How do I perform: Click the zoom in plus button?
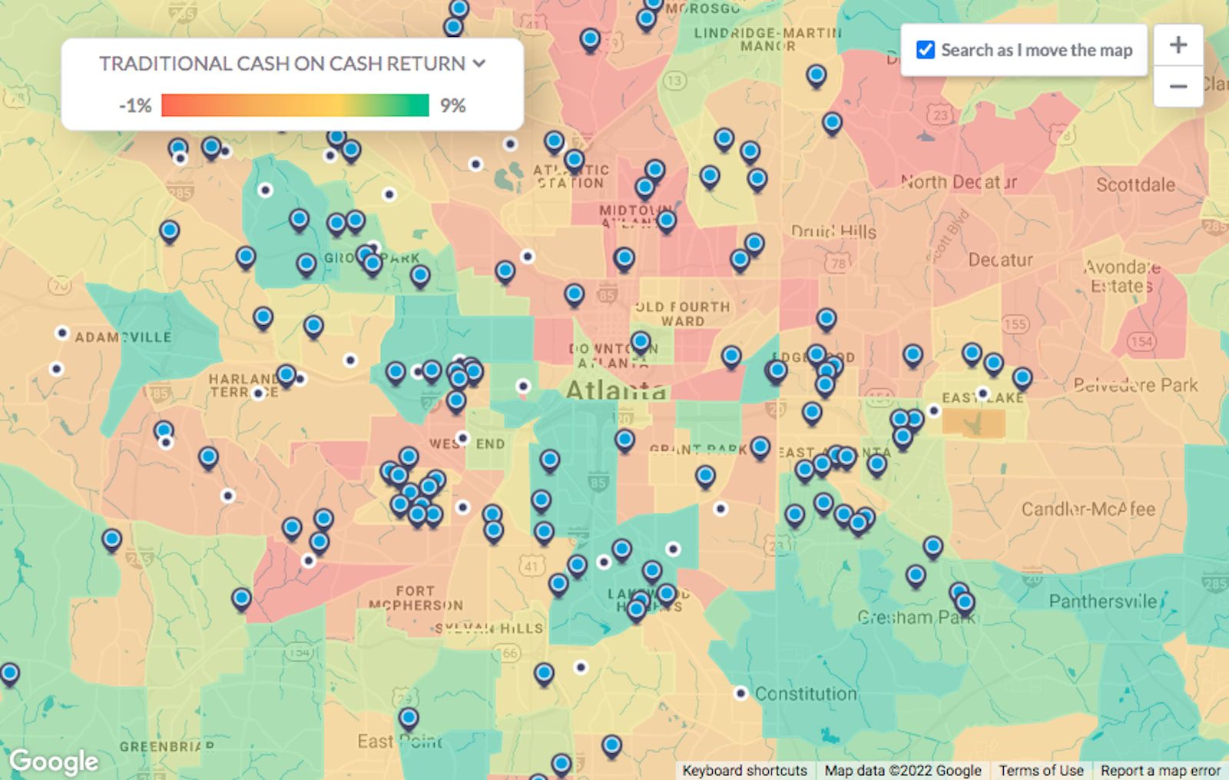point(1178,45)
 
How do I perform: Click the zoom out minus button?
point(1178,86)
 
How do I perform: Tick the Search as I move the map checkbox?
point(926,50)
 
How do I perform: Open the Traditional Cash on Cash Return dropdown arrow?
point(479,63)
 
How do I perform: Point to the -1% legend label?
point(135,105)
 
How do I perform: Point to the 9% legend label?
point(452,105)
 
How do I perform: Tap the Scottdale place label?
point(1135,184)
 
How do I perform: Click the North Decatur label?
point(959,182)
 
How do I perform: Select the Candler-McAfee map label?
point(1088,509)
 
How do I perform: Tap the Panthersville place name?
point(1102,601)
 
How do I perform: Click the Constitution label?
point(805,694)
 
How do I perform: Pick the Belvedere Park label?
point(1135,384)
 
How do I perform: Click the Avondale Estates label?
point(1121,277)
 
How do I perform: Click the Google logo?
point(54,761)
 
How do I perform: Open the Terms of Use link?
point(1041,770)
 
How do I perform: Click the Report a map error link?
point(1160,770)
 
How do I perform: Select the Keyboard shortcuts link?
point(744,770)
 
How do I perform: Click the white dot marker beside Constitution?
point(740,693)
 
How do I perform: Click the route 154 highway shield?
point(1141,341)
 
